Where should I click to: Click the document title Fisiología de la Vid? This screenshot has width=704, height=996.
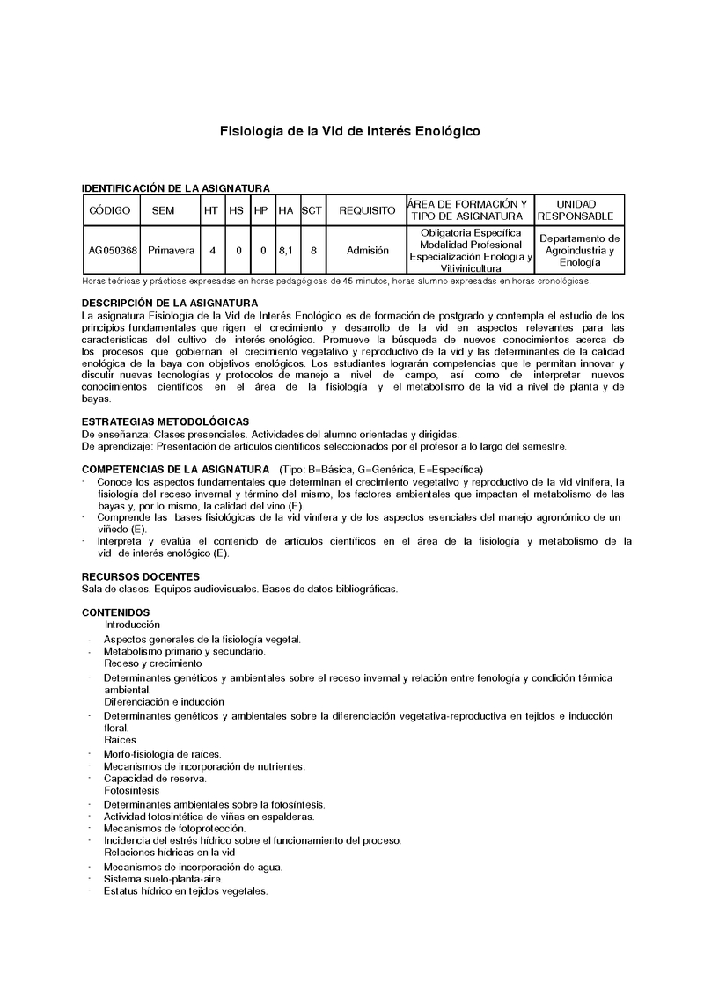point(349,131)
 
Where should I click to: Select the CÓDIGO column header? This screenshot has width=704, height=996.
point(110,211)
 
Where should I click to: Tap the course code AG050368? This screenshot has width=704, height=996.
point(113,251)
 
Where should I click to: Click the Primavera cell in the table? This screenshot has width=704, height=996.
point(172,251)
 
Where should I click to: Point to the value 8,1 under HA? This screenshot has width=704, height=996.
point(285,251)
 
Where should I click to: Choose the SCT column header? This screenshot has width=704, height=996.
point(312,211)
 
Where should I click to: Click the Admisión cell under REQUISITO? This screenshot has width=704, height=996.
point(368,251)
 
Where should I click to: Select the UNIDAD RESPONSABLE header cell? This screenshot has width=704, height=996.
point(576,210)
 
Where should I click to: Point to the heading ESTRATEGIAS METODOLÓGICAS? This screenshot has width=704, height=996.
point(165,421)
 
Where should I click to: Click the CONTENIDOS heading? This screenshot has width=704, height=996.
point(115,612)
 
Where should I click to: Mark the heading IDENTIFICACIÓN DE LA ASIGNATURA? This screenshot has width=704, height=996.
point(175,187)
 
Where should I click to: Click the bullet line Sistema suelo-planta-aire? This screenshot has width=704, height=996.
point(163,878)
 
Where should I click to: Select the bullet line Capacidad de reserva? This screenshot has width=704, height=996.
point(155,779)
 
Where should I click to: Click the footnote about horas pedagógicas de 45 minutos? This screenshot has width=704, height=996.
point(336,282)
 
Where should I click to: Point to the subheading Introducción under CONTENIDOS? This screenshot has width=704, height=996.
point(132,624)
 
